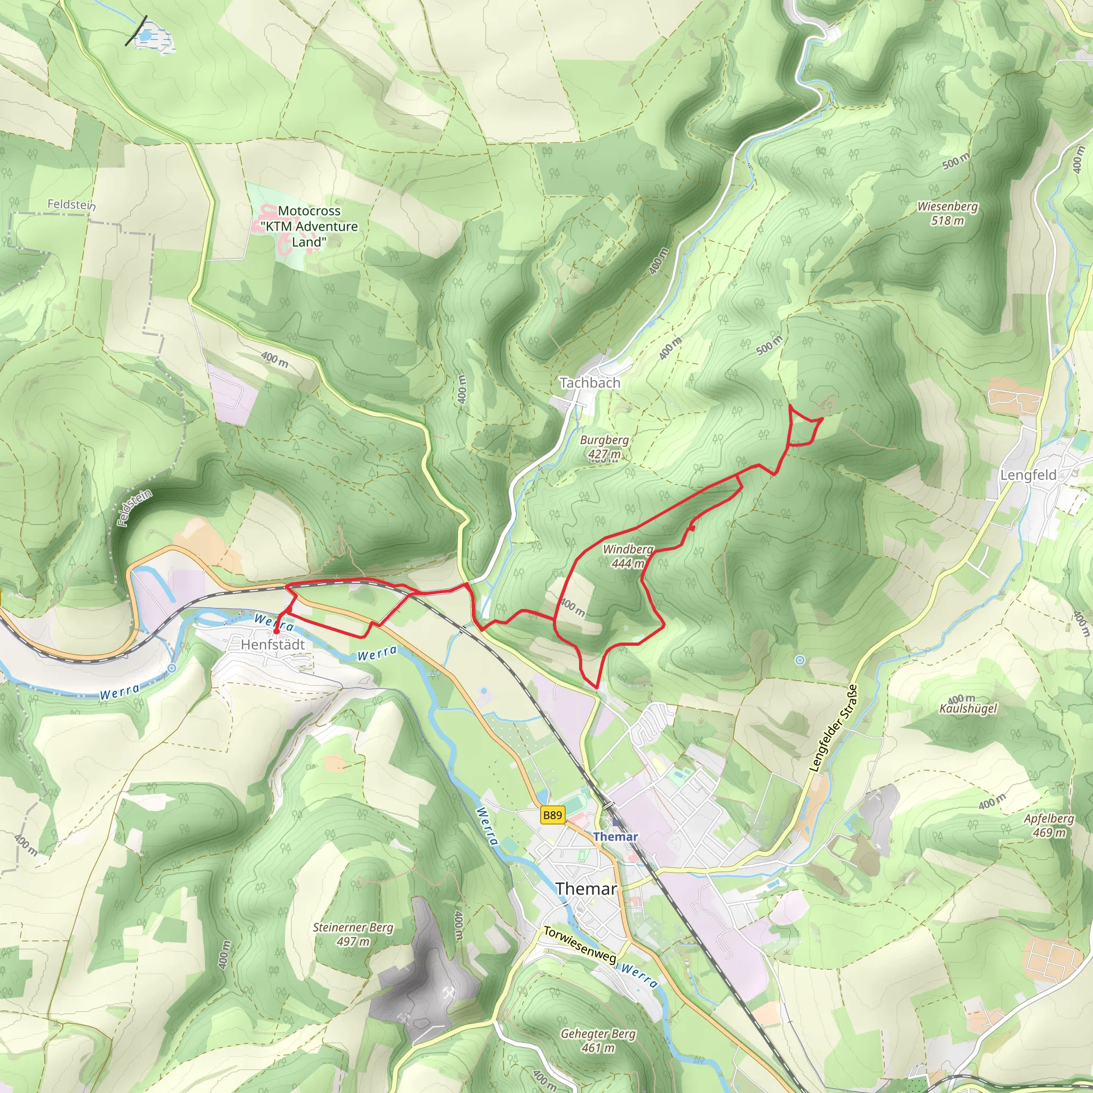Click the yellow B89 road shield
point(552,815)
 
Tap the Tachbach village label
point(590,383)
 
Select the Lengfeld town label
point(1028,475)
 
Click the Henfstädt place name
point(273,644)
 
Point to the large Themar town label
point(585,888)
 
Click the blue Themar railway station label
point(615,836)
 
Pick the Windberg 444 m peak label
point(628,556)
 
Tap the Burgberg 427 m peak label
point(604,446)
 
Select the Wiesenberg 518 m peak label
point(948,213)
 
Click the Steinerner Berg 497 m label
point(352,934)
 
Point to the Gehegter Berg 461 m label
point(598,1040)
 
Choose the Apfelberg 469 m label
point(1049,826)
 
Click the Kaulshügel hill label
point(968,708)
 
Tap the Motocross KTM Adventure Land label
point(309,226)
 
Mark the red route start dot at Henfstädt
point(275,631)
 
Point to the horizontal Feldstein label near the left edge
point(72,204)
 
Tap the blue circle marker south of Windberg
point(799,660)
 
